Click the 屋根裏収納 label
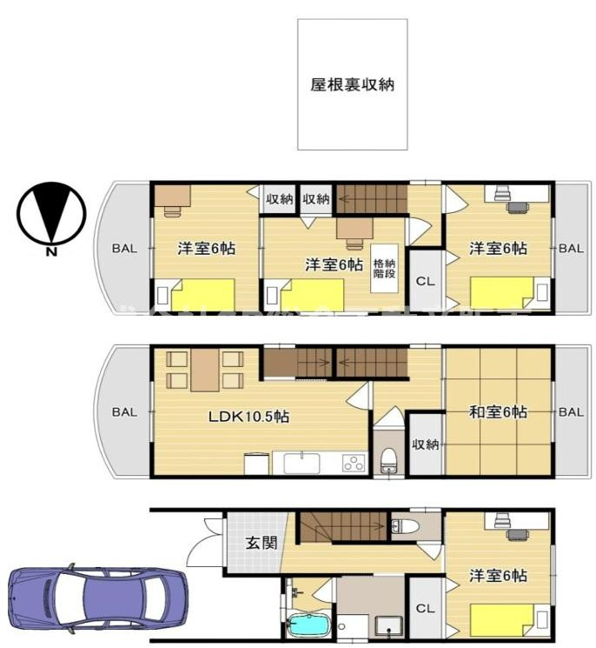(352, 85)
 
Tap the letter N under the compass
(51, 252)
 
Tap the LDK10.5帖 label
(248, 416)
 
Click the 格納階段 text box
(384, 268)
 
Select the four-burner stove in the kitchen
(354, 463)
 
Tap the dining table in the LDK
(205, 370)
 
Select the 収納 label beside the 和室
(425, 444)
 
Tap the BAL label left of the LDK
(124, 412)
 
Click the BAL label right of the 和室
(571, 412)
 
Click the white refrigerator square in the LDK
(255, 464)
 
